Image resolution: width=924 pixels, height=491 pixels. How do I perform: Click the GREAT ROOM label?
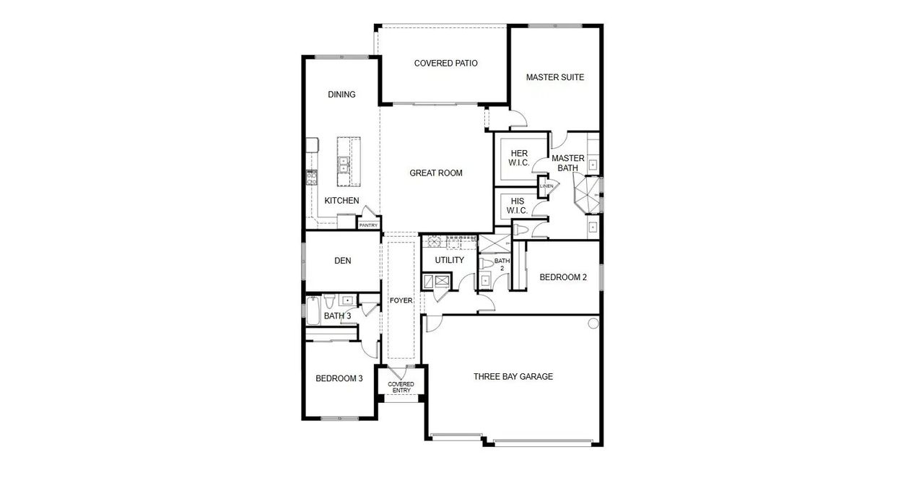pyautogui.click(x=435, y=173)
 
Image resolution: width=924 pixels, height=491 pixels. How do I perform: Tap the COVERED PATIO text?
pyautogui.click(x=445, y=64)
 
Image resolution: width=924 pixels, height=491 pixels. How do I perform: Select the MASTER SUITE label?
pyautogui.click(x=554, y=77)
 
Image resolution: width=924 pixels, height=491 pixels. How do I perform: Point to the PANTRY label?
pyautogui.click(x=368, y=225)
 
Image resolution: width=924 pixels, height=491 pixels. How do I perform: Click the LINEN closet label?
pyautogui.click(x=546, y=186)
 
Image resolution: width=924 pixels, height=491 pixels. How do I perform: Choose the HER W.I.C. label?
pyautogui.click(x=520, y=158)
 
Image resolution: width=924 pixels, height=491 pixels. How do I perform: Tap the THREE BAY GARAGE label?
pyautogui.click(x=513, y=376)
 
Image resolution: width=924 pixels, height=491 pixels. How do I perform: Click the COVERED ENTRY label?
pyautogui.click(x=401, y=387)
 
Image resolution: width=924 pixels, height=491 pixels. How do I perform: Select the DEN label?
pyautogui.click(x=342, y=261)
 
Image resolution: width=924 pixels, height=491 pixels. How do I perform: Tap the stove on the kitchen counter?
pyautogui.click(x=312, y=177)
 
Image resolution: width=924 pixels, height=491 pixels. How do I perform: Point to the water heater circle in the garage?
pyautogui.click(x=593, y=323)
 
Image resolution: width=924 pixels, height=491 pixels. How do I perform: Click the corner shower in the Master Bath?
pyautogui.click(x=585, y=195)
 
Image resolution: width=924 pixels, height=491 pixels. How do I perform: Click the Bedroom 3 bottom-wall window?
pyautogui.click(x=339, y=418)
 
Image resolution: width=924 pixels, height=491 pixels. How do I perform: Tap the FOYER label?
pyautogui.click(x=401, y=300)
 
